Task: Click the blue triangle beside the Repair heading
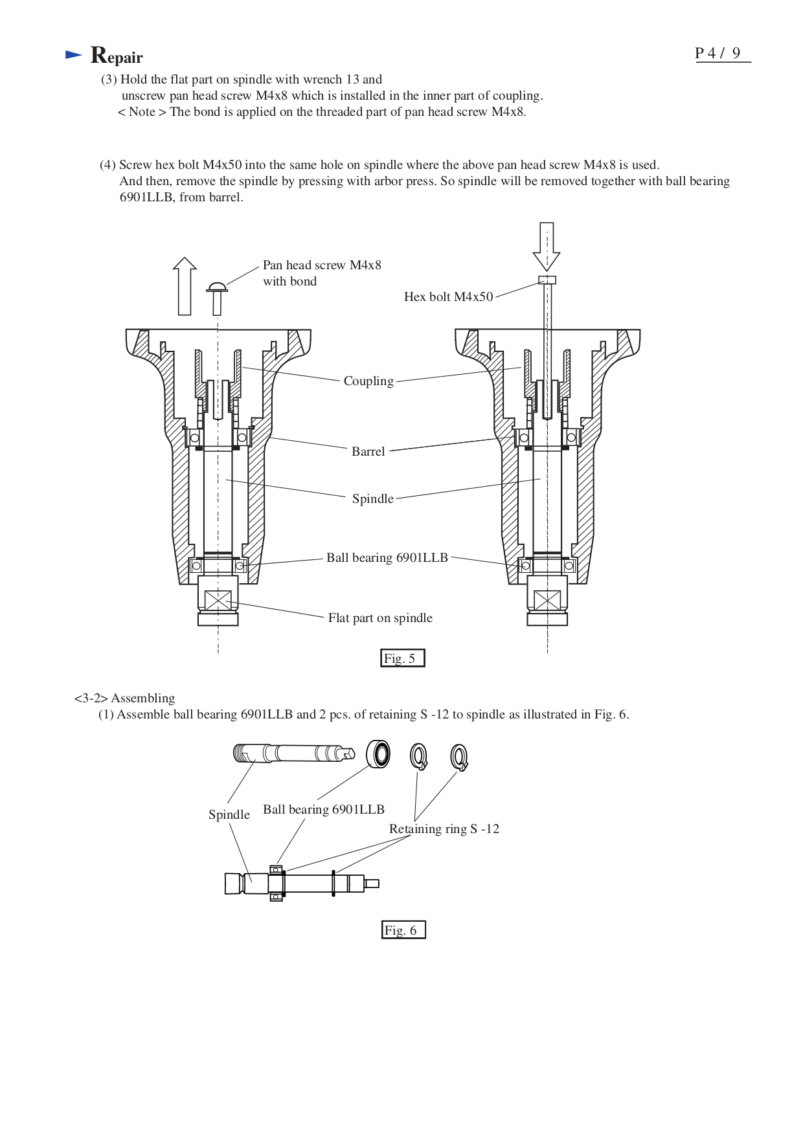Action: [x=73, y=56]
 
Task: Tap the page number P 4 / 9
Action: [x=718, y=54]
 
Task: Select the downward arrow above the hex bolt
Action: [x=547, y=247]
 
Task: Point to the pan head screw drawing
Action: [x=217, y=297]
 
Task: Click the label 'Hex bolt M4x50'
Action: [x=448, y=297]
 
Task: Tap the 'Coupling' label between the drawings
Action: [x=368, y=381]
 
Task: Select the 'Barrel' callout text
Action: [x=368, y=452]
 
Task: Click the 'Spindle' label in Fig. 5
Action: [x=372, y=499]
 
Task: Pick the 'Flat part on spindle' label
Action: [x=380, y=618]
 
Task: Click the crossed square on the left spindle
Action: [x=218, y=601]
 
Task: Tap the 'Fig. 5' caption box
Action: [x=402, y=658]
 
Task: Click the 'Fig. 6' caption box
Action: [x=403, y=930]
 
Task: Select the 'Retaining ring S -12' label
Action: [x=444, y=829]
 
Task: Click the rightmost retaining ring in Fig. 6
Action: [x=459, y=757]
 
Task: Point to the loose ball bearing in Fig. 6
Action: [x=378, y=755]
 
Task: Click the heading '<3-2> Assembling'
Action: [x=124, y=698]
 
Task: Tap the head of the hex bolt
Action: [x=547, y=280]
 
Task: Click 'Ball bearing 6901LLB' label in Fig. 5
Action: [x=387, y=558]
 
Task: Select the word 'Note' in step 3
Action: [x=142, y=112]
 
